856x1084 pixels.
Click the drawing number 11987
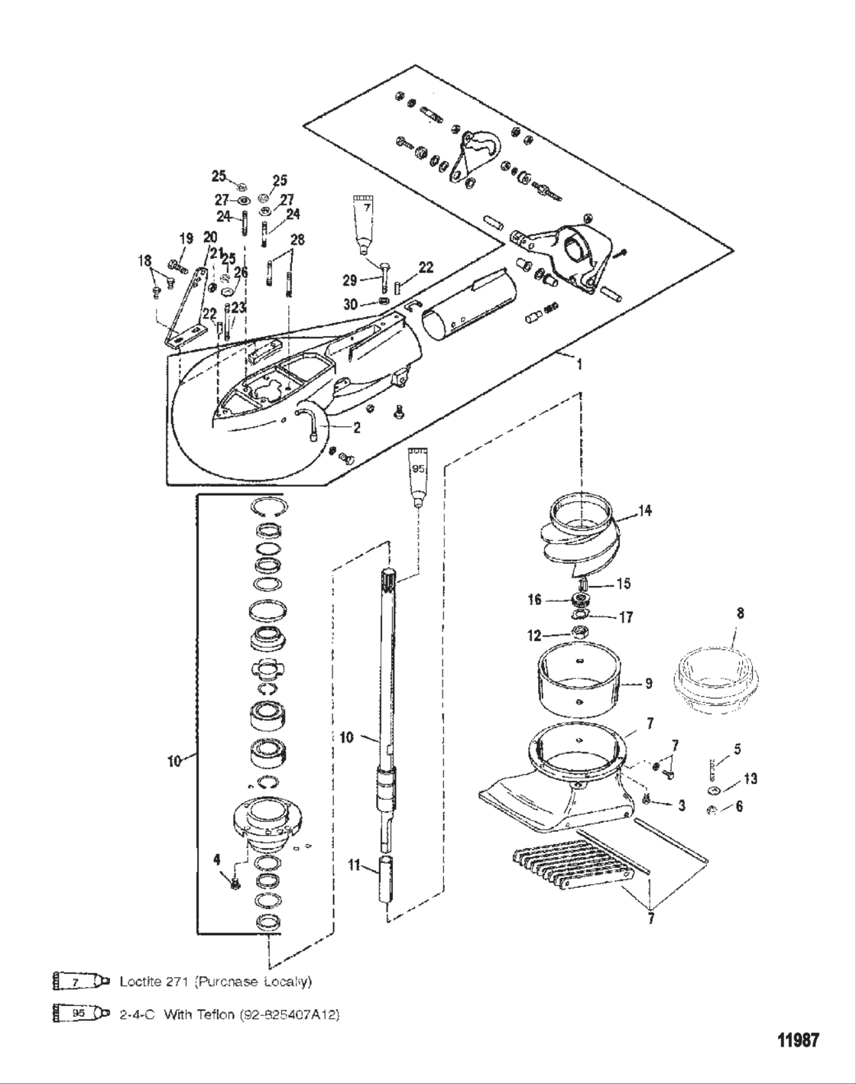[x=798, y=1040]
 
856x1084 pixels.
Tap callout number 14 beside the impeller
[x=646, y=511]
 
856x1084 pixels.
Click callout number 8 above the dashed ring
[x=739, y=613]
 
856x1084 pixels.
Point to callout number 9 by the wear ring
[x=648, y=684]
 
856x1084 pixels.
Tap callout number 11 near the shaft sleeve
[x=353, y=866]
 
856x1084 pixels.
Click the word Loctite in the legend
[x=140, y=981]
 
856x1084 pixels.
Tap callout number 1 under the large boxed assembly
[x=579, y=365]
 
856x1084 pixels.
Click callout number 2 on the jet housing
[x=357, y=428]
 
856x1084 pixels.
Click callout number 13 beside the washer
[x=751, y=778]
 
